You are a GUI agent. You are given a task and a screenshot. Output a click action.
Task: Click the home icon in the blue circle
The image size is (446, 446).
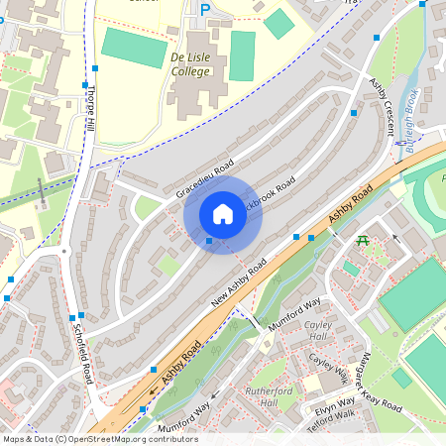(x=222, y=214)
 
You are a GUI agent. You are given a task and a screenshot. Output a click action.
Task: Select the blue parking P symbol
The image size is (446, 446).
(x=205, y=10)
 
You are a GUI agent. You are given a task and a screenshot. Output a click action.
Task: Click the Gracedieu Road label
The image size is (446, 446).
(x=205, y=175)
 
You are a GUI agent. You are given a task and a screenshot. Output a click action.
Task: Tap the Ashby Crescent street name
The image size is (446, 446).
(x=385, y=106)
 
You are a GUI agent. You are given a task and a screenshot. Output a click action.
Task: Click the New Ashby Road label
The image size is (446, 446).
(x=239, y=283)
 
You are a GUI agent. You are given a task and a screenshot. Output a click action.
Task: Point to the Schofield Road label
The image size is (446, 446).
(x=86, y=358)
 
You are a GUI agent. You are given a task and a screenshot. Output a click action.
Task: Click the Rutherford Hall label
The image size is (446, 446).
(x=269, y=396)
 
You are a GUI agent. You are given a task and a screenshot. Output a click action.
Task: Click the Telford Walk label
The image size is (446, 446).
(x=333, y=416)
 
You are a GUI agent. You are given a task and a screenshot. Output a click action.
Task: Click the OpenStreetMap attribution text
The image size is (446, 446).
(x=99, y=439)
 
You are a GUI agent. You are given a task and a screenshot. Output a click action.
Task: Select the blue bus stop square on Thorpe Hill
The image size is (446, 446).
(x=95, y=69)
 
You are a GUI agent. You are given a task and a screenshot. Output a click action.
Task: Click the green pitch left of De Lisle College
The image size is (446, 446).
(x=134, y=47)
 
